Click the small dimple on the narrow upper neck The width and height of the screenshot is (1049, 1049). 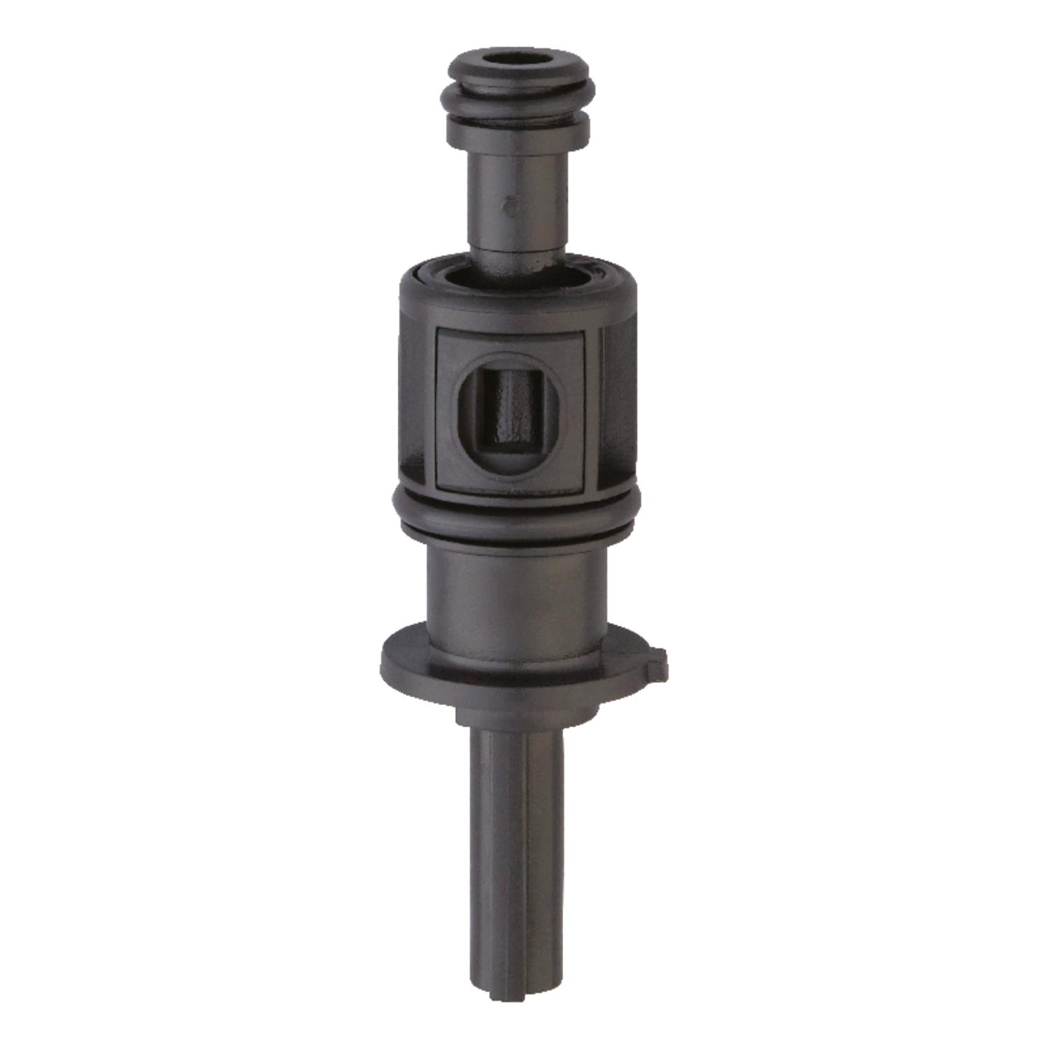(509, 207)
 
